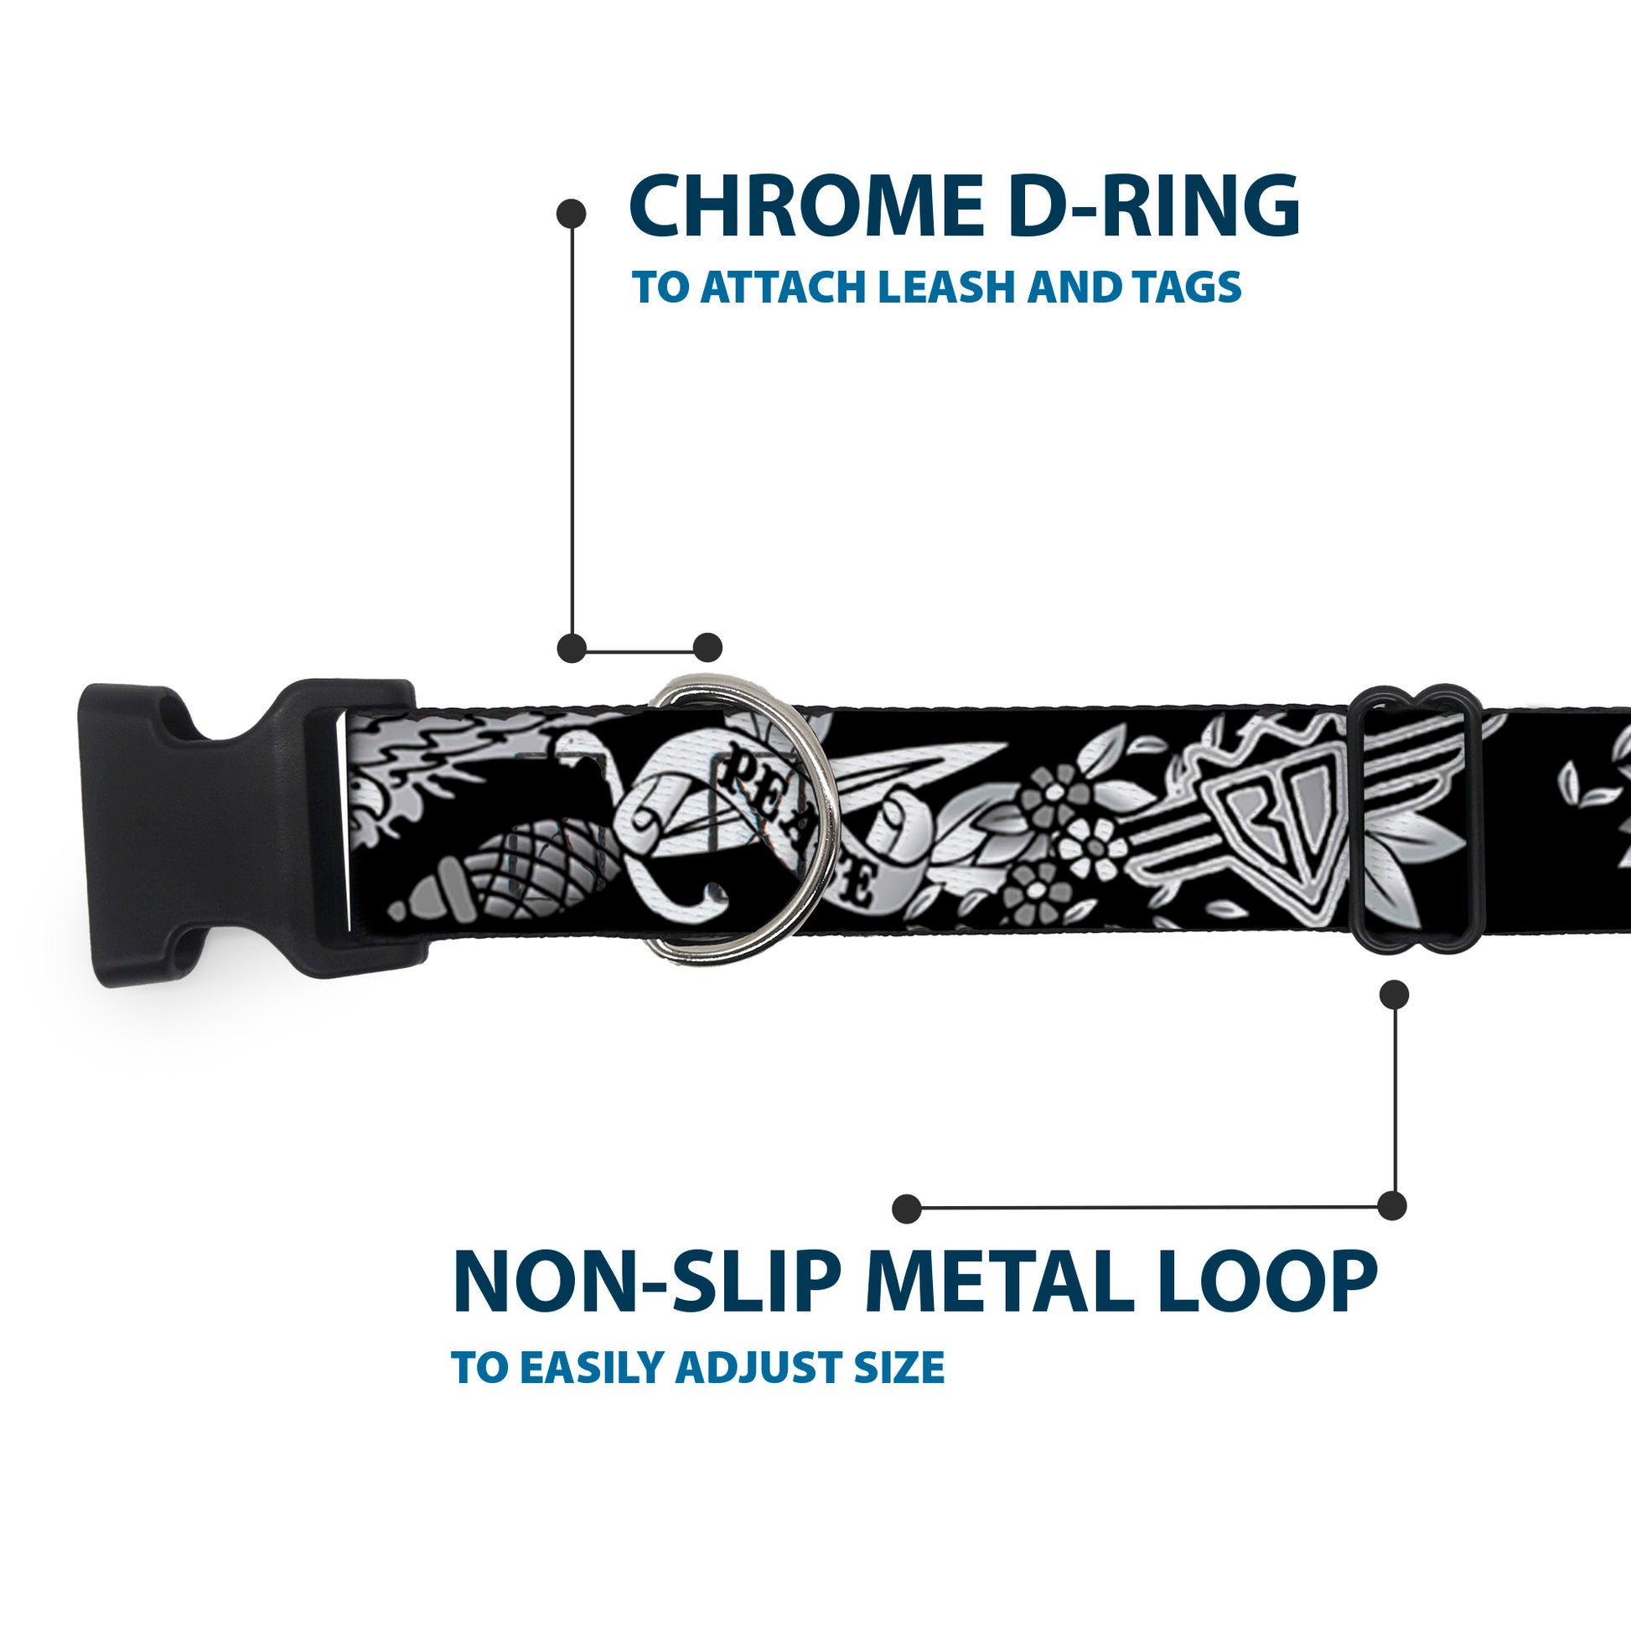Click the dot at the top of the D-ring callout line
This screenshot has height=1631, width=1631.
pyautogui.click(x=572, y=214)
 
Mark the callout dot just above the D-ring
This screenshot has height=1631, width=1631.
pyautogui.click(x=707, y=648)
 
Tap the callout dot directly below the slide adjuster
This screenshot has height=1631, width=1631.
pyautogui.click(x=1394, y=995)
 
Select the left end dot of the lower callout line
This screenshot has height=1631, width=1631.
pyautogui.click(x=907, y=1208)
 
